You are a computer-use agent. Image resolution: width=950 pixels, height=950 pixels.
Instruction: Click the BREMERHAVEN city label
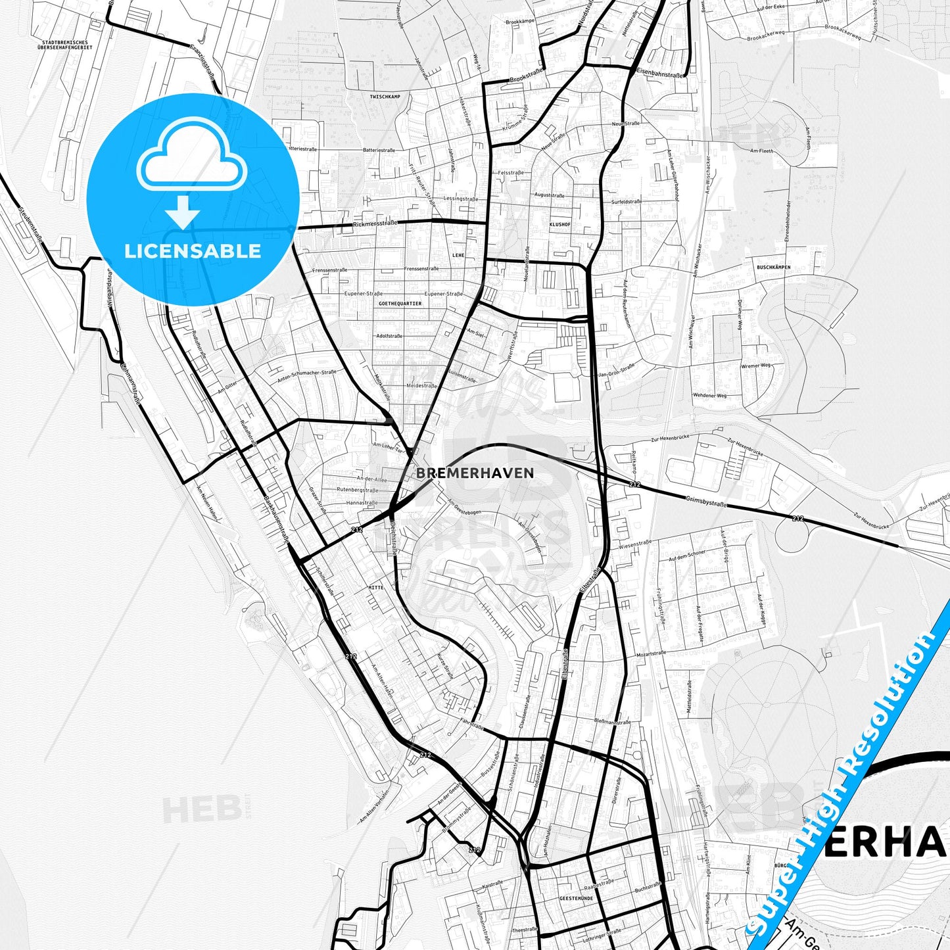click(475, 473)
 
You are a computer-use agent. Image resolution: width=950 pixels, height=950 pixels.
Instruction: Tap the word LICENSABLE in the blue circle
click(193, 251)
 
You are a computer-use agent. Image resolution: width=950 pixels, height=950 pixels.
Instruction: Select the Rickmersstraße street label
click(375, 224)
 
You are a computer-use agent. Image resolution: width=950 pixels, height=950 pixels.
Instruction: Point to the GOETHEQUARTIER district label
click(400, 304)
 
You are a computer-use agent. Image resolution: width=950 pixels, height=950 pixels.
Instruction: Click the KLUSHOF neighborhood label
click(559, 224)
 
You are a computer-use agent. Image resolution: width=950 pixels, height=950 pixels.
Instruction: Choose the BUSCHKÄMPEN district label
click(773, 268)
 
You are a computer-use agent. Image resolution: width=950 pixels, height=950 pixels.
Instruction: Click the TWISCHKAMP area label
click(385, 97)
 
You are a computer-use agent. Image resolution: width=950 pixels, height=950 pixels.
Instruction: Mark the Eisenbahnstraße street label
click(660, 75)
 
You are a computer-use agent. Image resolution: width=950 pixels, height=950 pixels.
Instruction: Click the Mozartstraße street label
click(651, 654)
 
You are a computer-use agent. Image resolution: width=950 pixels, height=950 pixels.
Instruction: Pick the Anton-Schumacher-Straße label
click(306, 375)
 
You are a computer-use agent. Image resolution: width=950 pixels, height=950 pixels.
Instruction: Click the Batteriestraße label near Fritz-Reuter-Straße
click(379, 150)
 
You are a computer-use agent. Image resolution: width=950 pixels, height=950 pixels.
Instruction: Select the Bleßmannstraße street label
click(612, 723)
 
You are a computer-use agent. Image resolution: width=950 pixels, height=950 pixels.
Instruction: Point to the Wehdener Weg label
click(709, 395)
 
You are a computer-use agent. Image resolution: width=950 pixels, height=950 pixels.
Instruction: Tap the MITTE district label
click(375, 587)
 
